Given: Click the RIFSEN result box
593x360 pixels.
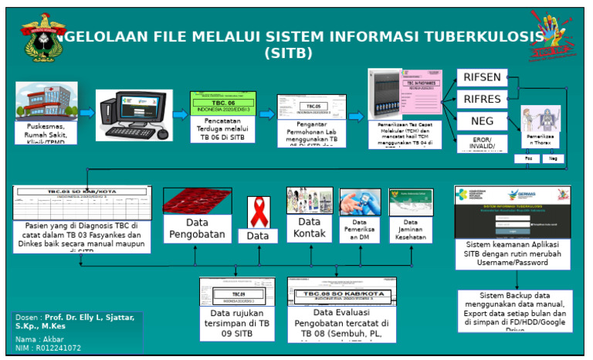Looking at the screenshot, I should coord(484,78).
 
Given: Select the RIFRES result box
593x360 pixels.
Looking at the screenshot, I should coord(484,100).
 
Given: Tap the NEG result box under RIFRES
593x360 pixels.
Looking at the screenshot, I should coord(484,121).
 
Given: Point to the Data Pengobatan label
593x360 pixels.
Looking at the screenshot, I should coord(198,228).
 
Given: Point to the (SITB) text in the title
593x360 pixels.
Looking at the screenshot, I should coord(288,54).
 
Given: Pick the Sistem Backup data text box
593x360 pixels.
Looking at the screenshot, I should coord(513,311).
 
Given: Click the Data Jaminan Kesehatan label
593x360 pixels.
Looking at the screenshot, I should coord(411,229).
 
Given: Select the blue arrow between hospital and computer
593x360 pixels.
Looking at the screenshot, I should coord(86,113).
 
